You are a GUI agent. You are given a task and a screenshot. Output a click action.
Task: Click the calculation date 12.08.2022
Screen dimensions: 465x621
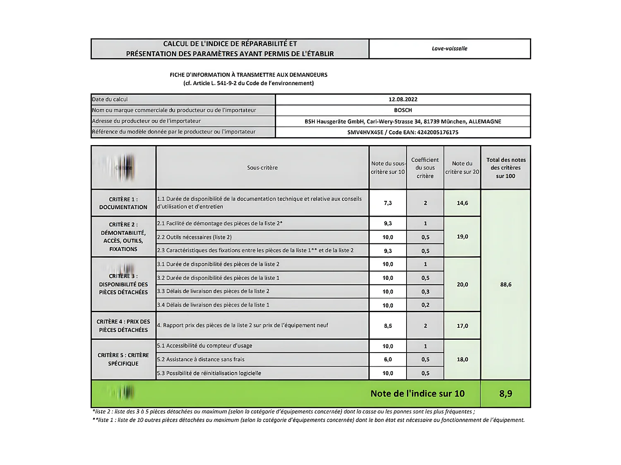coord(403,99)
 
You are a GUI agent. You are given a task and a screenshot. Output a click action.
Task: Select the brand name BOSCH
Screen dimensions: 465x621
coord(403,110)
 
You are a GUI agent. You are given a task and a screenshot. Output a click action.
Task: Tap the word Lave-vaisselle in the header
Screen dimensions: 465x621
coord(449,48)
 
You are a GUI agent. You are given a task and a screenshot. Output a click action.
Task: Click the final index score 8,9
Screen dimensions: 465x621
coord(505,393)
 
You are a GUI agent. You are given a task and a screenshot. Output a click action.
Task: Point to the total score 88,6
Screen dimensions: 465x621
coord(505,284)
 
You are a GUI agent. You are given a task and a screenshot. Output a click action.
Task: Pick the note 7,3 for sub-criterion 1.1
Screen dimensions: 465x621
coord(388,203)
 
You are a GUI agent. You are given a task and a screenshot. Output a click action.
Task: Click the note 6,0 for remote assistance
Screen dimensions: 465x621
coord(388,360)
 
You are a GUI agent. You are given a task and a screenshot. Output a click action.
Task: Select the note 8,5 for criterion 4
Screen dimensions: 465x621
coord(388,326)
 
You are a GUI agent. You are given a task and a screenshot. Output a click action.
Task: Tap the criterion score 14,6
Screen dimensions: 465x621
coord(462,203)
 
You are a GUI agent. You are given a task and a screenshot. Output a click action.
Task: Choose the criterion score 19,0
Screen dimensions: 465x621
coord(462,237)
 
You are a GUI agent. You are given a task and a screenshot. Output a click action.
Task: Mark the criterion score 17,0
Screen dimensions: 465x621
coord(462,326)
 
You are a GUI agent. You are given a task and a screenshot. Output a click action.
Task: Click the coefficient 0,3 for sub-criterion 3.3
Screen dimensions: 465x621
coord(425,292)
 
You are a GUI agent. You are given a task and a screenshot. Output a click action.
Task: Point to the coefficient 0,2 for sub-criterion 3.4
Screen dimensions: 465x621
coord(425,305)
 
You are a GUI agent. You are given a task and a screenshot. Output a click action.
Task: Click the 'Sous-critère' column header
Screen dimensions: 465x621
coord(262,168)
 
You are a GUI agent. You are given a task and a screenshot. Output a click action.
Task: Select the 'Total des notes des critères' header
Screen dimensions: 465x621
coord(505,168)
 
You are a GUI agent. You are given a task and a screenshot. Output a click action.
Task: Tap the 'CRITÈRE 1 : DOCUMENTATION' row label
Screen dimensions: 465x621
coord(123,203)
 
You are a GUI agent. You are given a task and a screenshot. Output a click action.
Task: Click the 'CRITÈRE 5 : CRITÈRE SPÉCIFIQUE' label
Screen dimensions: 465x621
coord(123,359)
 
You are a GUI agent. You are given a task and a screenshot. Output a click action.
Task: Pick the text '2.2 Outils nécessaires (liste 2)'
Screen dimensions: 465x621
coord(194,237)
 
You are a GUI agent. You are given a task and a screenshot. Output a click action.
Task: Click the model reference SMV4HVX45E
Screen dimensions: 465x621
coord(365,133)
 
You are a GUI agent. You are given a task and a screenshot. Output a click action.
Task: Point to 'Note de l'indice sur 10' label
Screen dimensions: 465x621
coord(417,393)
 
